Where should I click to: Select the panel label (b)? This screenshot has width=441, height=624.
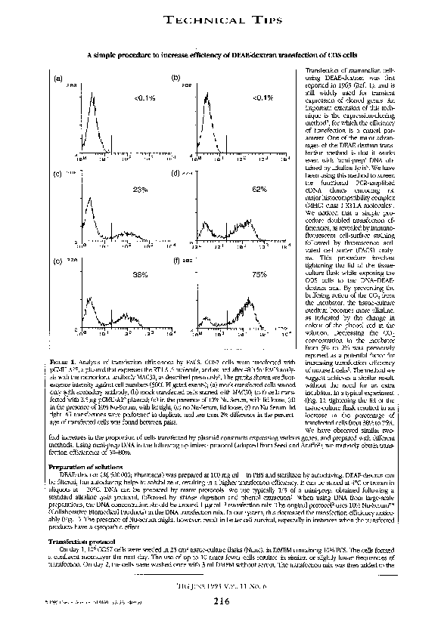click(x=175, y=79)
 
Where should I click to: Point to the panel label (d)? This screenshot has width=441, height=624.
click(x=175, y=175)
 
